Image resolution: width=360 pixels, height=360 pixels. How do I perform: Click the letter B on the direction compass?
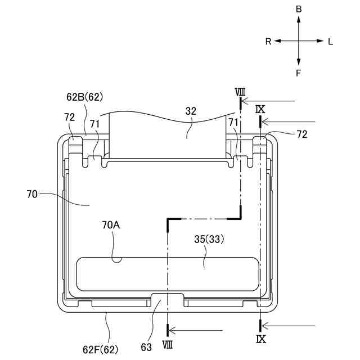coord(299,9)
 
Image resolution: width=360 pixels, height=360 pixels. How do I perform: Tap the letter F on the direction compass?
coord(298,73)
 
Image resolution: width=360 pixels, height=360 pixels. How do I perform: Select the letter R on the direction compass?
coord(268,42)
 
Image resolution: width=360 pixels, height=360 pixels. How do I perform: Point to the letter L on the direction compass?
coord(330,42)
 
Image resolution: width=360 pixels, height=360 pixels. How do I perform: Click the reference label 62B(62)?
coord(85,97)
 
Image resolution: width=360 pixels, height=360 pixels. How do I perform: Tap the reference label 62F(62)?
coord(100,350)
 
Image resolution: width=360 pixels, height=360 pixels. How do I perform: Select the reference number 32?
coord(191,111)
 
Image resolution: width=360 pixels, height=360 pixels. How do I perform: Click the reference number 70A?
coord(111,225)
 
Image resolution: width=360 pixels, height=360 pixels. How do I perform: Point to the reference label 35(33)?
coord(209,239)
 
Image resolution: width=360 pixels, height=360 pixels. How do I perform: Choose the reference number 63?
coord(146,348)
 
